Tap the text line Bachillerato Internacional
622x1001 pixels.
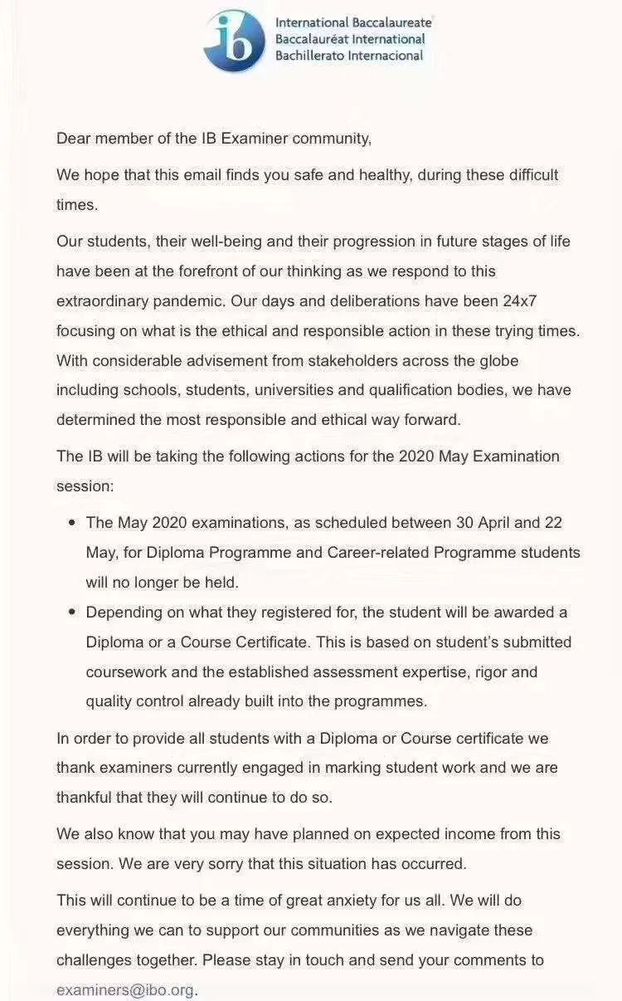[349, 56]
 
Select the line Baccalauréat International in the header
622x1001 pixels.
[350, 39]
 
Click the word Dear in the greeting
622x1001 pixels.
[73, 139]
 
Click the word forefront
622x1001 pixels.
[223, 271]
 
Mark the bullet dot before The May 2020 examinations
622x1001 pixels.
[70, 524]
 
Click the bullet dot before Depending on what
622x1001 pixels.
[70, 613]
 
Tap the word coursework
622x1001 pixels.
[125, 671]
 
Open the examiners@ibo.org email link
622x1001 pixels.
[125, 989]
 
